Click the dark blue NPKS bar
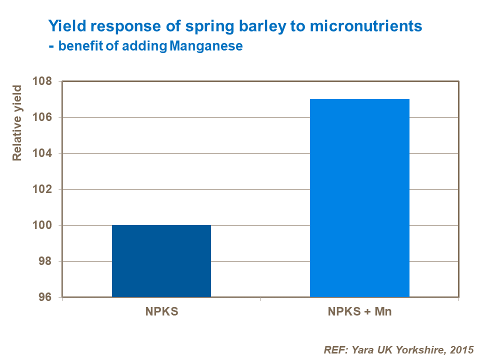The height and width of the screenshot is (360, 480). [x=161, y=261]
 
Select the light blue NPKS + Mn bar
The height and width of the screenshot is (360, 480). [x=359, y=198]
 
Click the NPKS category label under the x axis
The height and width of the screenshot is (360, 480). [x=161, y=312]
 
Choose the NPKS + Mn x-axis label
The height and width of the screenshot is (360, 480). [x=359, y=312]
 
